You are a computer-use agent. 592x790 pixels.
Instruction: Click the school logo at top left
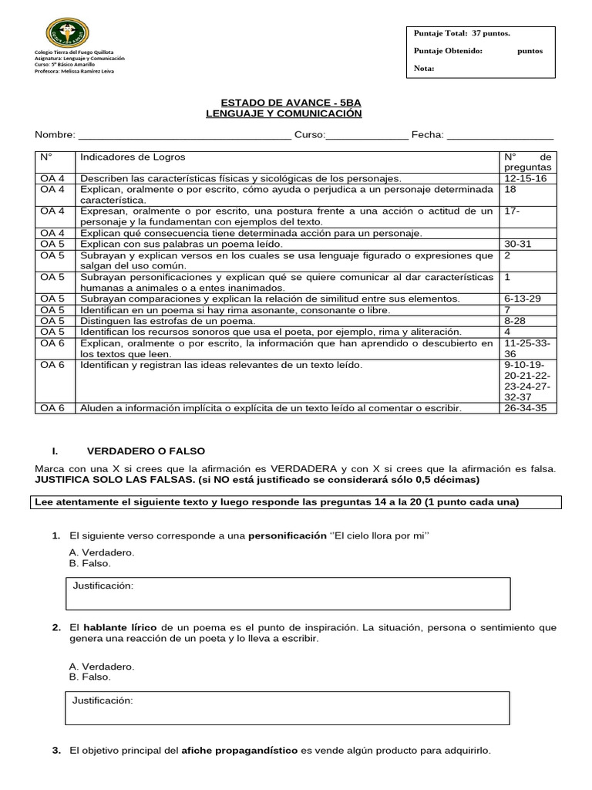67,33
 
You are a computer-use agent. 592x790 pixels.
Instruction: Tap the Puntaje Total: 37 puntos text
462,34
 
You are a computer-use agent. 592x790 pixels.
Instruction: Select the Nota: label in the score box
424,68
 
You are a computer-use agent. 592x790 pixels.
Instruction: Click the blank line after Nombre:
183,136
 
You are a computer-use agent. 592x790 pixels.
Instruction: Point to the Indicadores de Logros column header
133,157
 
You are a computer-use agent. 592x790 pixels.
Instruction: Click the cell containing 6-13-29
522,299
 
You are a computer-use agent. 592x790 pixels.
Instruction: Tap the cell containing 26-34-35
525,408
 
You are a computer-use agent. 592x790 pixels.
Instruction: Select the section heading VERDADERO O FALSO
146,451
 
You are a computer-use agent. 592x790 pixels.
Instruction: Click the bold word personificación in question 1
287,535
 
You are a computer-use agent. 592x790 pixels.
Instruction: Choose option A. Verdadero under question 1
101,552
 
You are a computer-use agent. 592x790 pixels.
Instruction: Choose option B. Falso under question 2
89,677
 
